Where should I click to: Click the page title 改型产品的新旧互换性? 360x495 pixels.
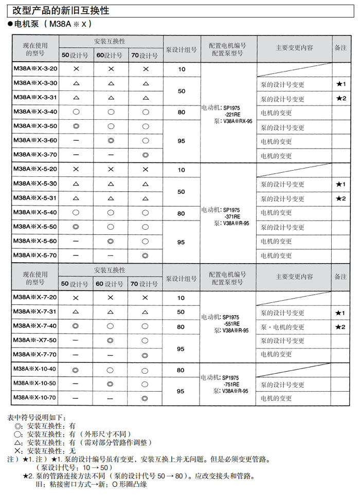pos(61,10)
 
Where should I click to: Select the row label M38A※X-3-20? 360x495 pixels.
pos(35,68)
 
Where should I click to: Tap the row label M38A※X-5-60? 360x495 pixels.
pos(35,241)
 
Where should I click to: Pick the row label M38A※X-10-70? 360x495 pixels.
pos(34,397)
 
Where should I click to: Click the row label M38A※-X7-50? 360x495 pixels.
pos(34,340)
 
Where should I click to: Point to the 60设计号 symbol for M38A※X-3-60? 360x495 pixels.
pos(111,140)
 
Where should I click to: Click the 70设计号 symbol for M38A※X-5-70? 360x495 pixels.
pos(146,255)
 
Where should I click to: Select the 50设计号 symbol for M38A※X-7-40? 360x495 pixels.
pos(76,326)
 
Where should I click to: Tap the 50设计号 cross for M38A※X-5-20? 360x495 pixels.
pos(76,169)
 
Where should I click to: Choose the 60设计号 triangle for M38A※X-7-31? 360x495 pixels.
pos(111,312)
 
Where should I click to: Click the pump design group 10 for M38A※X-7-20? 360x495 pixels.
pos(181,298)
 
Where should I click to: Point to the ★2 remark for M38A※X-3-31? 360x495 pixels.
pos(341,98)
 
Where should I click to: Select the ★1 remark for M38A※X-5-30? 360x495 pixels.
pos(341,184)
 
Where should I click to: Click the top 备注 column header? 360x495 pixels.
pos(340,47)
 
